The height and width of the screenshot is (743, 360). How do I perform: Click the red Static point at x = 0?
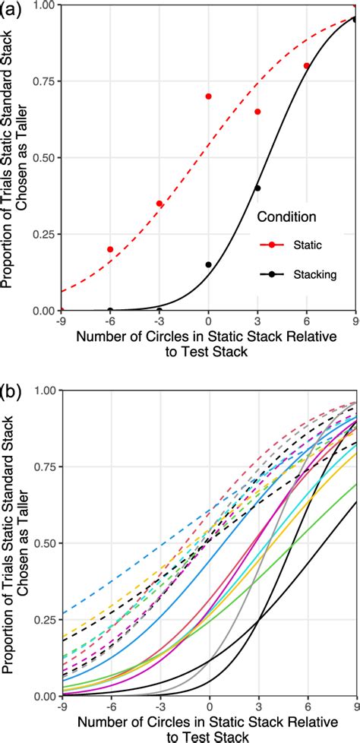tap(209, 96)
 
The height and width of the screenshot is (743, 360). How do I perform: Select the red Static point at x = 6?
tap(307, 66)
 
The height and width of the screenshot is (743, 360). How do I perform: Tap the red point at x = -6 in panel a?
tap(110, 249)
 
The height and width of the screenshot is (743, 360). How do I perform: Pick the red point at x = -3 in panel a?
tap(159, 204)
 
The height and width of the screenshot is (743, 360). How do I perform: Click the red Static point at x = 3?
tap(257, 112)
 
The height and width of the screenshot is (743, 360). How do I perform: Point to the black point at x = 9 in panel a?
tap(355, 21)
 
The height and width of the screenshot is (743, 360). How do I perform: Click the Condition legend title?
tap(286, 217)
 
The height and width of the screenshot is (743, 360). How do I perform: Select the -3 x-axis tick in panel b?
tap(159, 707)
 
